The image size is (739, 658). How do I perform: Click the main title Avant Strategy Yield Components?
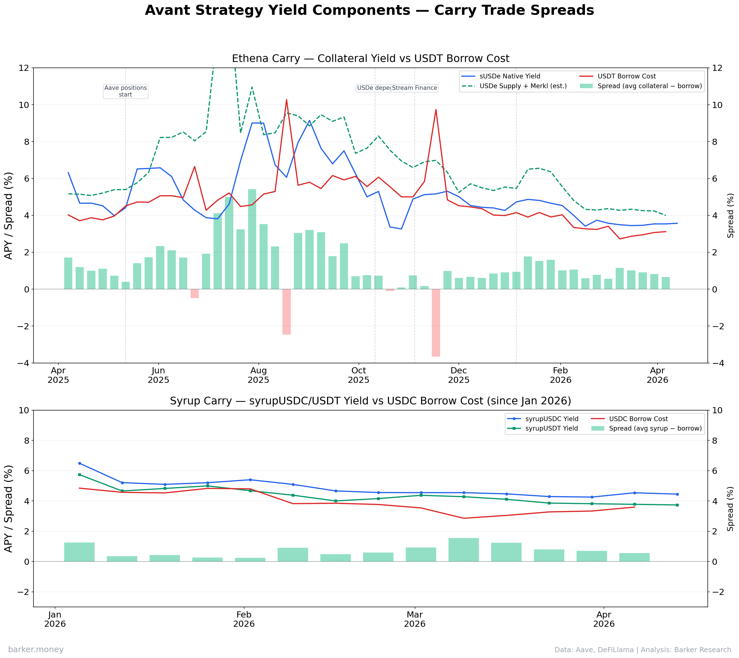[369, 10]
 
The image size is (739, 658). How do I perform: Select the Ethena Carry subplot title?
[370, 59]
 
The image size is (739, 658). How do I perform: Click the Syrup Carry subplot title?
[370, 401]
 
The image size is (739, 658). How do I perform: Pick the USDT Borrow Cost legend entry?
[626, 76]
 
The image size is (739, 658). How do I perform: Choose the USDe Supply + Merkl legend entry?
[523, 86]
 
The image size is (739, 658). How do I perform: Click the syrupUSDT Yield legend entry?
[551, 428]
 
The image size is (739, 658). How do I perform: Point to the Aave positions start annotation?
[126, 91]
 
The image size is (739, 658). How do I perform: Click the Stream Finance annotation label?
[414, 88]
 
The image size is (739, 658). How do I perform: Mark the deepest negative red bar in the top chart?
[436, 323]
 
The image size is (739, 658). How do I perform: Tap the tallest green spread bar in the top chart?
[252, 239]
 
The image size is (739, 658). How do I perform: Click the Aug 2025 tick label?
[258, 375]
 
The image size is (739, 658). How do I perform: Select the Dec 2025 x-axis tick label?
[459, 375]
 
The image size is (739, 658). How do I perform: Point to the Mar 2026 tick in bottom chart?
[414, 619]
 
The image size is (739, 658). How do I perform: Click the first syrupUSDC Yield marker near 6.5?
[80, 464]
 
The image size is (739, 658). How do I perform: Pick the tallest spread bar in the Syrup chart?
[464, 549]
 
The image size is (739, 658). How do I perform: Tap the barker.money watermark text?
[36, 650]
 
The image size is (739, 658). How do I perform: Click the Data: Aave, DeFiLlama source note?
[642, 650]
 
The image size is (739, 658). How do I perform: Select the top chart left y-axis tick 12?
[24, 68]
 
